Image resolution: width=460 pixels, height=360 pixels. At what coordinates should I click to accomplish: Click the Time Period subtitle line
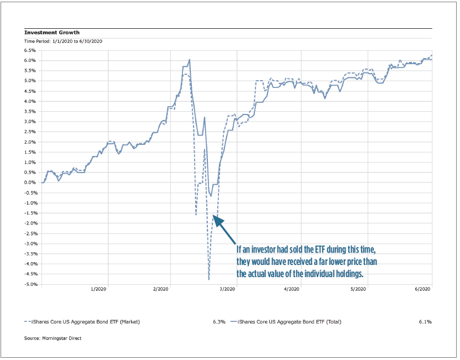pyautogui.click(x=64, y=41)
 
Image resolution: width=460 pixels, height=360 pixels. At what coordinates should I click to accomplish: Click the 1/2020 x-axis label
pyautogui.click(x=98, y=289)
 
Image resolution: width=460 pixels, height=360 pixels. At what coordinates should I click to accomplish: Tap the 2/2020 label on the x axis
pyautogui.click(x=161, y=289)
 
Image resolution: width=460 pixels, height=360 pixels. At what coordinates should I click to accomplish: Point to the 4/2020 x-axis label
pyautogui.click(x=291, y=289)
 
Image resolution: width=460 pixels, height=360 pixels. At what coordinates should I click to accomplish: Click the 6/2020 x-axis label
pyautogui.click(x=422, y=289)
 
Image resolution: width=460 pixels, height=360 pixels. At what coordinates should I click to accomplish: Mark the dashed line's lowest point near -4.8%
pyautogui.click(x=208, y=279)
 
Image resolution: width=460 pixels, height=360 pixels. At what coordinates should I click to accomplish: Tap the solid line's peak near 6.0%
pyautogui.click(x=190, y=60)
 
